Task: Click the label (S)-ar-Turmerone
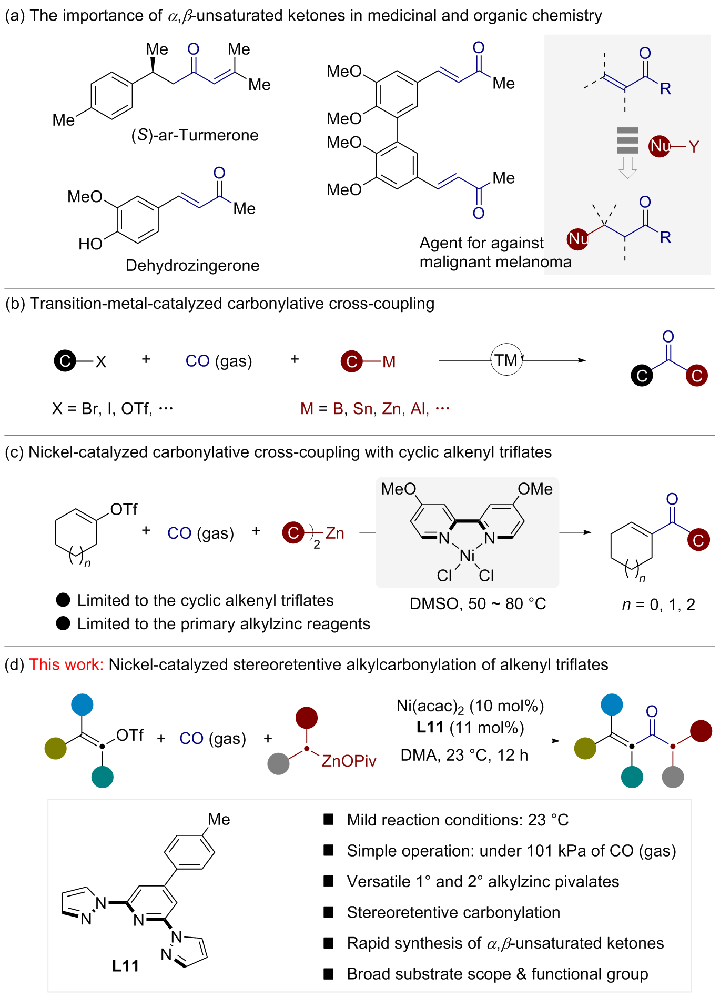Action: tap(195, 135)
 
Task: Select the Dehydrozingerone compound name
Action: tap(192, 265)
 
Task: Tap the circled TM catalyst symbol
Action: tap(506, 360)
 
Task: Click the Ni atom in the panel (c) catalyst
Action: tap(467, 556)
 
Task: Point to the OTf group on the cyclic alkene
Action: tap(124, 509)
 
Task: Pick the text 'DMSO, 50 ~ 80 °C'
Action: tap(478, 603)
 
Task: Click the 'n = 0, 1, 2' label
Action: tap(658, 605)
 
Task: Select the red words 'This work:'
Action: tap(66, 664)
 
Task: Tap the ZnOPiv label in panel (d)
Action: tap(349, 761)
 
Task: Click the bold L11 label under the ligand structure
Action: tap(125, 965)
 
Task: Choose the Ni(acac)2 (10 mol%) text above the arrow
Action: tap(470, 706)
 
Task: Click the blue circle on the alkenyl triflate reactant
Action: tap(82, 704)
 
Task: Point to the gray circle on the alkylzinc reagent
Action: tap(278, 764)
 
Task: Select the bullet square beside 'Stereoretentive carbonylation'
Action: tap(329, 912)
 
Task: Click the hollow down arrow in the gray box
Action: tap(627, 167)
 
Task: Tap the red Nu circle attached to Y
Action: tap(660, 146)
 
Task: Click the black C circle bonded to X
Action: tap(65, 361)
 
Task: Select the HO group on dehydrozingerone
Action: tap(90, 244)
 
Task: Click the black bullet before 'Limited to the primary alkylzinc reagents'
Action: tap(63, 623)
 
